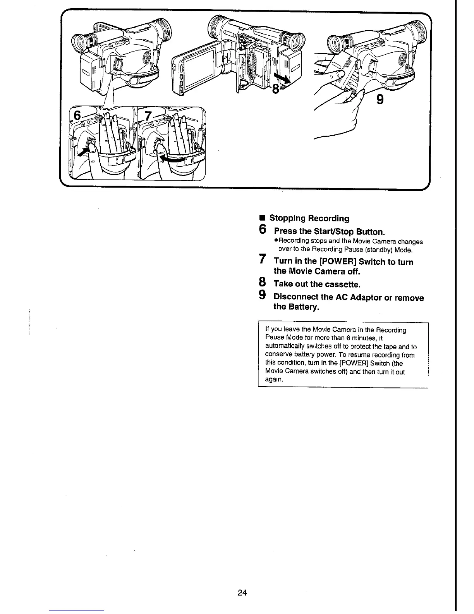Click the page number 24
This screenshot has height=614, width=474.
(242, 593)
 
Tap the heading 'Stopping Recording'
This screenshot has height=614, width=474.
(309, 218)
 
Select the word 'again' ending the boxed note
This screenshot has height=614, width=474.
(274, 379)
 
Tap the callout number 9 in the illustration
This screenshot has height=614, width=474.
(380, 100)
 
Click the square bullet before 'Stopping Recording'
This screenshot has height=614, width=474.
(262, 218)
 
